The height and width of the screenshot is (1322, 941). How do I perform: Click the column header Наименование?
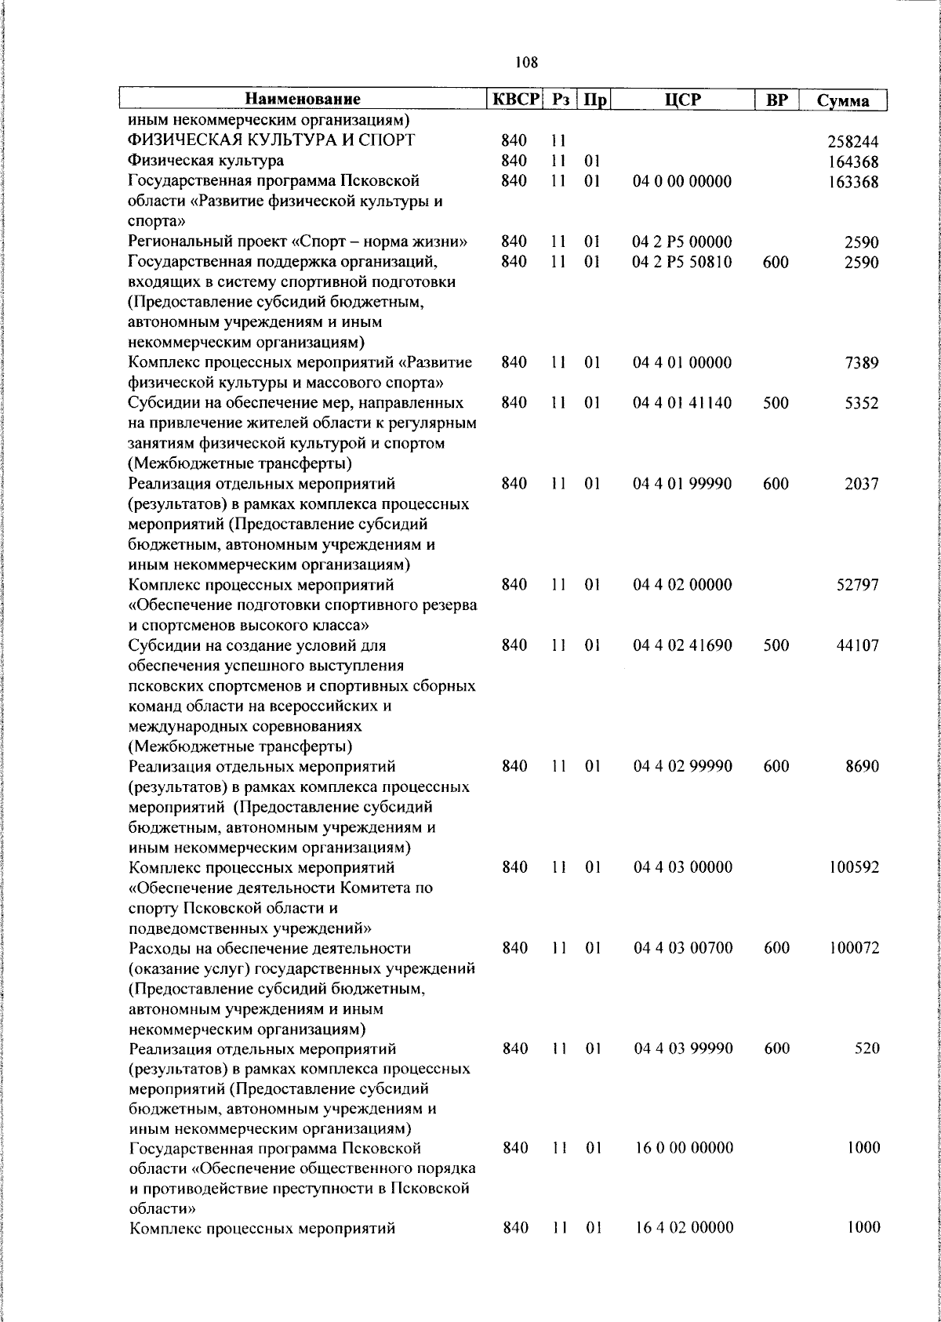(x=303, y=100)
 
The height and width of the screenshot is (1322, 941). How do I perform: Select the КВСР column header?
(x=514, y=100)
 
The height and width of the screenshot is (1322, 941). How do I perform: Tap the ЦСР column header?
(x=681, y=100)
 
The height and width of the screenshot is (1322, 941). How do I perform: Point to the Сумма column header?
(x=843, y=100)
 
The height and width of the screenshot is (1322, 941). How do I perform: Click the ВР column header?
(x=776, y=100)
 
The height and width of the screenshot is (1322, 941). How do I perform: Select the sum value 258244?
(x=853, y=142)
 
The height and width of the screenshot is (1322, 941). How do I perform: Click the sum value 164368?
(x=853, y=162)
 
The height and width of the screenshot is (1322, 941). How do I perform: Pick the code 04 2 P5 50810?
(x=682, y=262)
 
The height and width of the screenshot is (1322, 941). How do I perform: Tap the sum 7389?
(x=862, y=363)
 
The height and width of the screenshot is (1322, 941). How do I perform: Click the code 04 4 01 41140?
(x=682, y=403)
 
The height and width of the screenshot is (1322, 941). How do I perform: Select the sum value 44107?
(x=857, y=645)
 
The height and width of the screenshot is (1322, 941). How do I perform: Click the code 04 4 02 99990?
(x=682, y=766)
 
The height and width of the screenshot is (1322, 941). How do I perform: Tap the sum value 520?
(x=867, y=1048)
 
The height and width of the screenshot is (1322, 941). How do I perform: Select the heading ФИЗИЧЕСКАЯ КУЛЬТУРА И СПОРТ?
(x=272, y=141)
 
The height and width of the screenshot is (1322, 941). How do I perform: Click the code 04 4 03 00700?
(x=682, y=948)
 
